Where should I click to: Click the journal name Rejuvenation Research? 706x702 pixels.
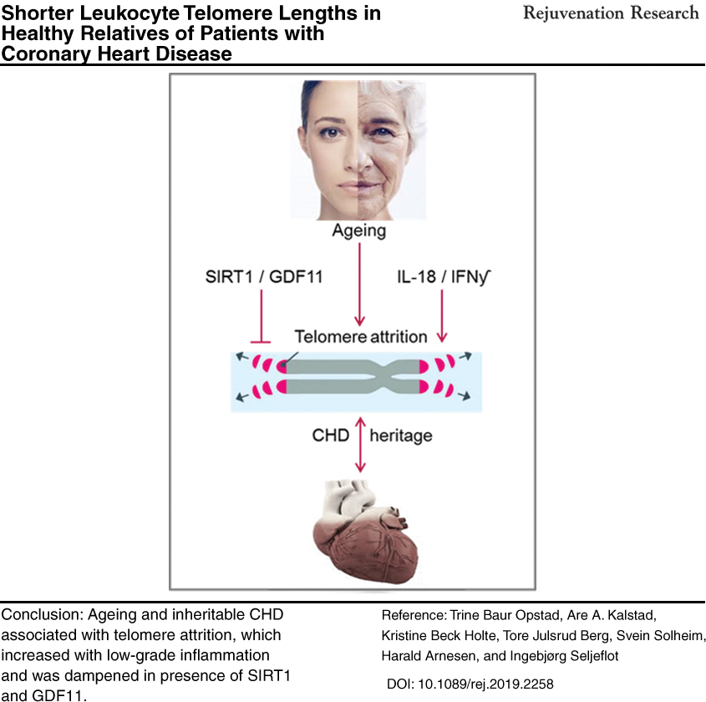pos(611,13)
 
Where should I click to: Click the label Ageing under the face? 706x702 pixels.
pos(359,231)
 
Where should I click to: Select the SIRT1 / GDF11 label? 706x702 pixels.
pos(264,277)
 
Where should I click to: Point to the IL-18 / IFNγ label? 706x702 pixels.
pos(444,277)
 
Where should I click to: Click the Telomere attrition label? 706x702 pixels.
pos(361,336)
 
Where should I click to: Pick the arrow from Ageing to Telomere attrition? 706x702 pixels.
pos(359,284)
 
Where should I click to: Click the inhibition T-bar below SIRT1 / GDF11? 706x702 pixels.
pos(261,317)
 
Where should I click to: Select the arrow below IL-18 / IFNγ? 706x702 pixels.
pos(442,316)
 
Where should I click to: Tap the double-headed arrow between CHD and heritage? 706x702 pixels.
pos(360,445)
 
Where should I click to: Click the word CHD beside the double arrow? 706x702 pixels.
pos(331,435)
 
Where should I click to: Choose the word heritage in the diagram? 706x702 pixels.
pos(401,436)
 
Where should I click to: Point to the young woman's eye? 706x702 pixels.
pos(332,132)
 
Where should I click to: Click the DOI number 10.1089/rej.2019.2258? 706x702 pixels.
pos(485,684)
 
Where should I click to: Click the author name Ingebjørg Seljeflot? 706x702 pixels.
pos(564,656)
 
